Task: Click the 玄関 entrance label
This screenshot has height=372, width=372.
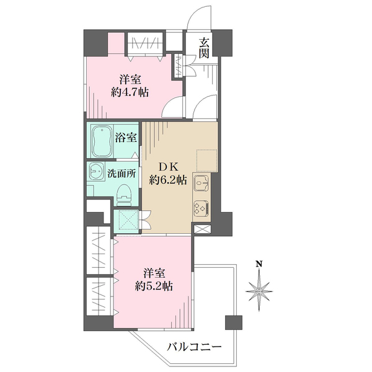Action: tap(204, 48)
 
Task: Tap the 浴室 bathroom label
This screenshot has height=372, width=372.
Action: tap(126, 138)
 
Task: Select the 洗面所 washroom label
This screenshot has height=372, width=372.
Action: tap(122, 174)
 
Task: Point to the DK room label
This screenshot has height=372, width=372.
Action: tap(168, 167)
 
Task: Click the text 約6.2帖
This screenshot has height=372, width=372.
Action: tap(168, 181)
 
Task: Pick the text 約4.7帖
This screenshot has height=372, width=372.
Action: tap(130, 92)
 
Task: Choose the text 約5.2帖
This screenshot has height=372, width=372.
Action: tap(154, 286)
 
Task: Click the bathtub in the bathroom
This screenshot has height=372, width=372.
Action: tap(102, 141)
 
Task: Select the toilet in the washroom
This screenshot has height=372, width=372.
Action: tap(124, 195)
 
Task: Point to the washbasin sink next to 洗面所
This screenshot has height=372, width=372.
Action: tap(96, 172)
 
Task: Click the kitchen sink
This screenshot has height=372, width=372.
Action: tap(201, 183)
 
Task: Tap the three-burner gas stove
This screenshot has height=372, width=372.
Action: tap(201, 208)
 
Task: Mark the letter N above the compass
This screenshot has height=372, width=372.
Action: tap(260, 264)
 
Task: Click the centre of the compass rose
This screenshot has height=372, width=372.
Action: tap(259, 291)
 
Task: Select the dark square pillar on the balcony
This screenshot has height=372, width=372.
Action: tap(234, 322)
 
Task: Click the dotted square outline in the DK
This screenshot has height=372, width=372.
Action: tap(206, 161)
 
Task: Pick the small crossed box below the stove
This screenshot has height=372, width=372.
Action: tap(202, 229)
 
